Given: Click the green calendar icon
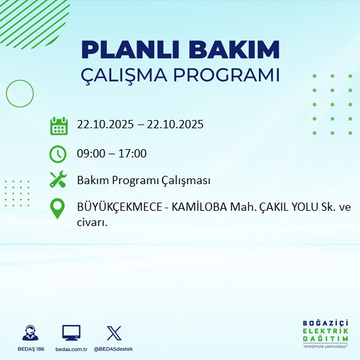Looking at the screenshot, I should pos(58,126).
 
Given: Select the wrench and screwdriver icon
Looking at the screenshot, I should pos(58,180).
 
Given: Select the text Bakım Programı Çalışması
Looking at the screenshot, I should pos(143,181).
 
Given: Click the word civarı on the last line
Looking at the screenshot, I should pos(91,222).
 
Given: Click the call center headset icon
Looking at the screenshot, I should pos(30,333).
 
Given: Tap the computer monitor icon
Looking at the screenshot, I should pos(71,333).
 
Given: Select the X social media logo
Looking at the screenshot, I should pos(114,333).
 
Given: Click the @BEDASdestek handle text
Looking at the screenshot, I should pos(114,349).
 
